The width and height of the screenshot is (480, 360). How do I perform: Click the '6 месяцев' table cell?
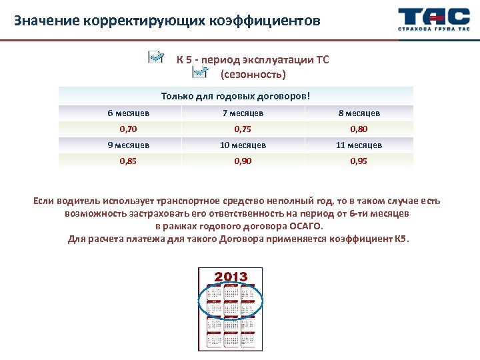tap(128, 113)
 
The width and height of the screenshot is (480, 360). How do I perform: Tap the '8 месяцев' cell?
tap(359, 113)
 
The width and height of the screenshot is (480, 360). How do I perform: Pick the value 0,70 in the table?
tap(128, 129)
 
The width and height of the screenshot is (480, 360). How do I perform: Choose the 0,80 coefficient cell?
tap(359, 129)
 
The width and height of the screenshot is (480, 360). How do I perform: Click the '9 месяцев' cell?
tap(128, 145)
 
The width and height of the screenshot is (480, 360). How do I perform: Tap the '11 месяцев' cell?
tap(359, 145)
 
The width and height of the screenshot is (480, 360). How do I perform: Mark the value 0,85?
tap(128, 161)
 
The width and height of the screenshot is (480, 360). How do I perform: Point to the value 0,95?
tap(359, 161)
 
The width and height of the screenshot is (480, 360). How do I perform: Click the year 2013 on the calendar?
tap(231, 277)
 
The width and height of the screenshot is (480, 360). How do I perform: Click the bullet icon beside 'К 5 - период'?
tap(156, 57)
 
